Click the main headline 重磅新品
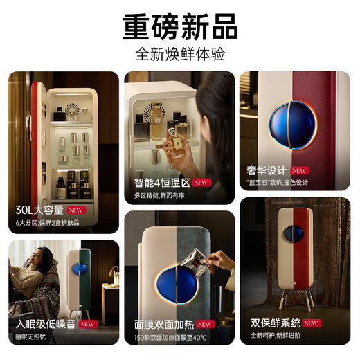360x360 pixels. (180, 26)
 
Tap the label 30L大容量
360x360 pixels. (38, 210)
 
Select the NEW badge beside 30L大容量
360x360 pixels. (76, 210)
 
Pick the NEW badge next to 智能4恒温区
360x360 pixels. (201, 183)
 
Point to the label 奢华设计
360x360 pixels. (267, 170)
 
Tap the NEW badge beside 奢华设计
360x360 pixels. (299, 170)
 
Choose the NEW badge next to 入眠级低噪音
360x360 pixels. (88, 323)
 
